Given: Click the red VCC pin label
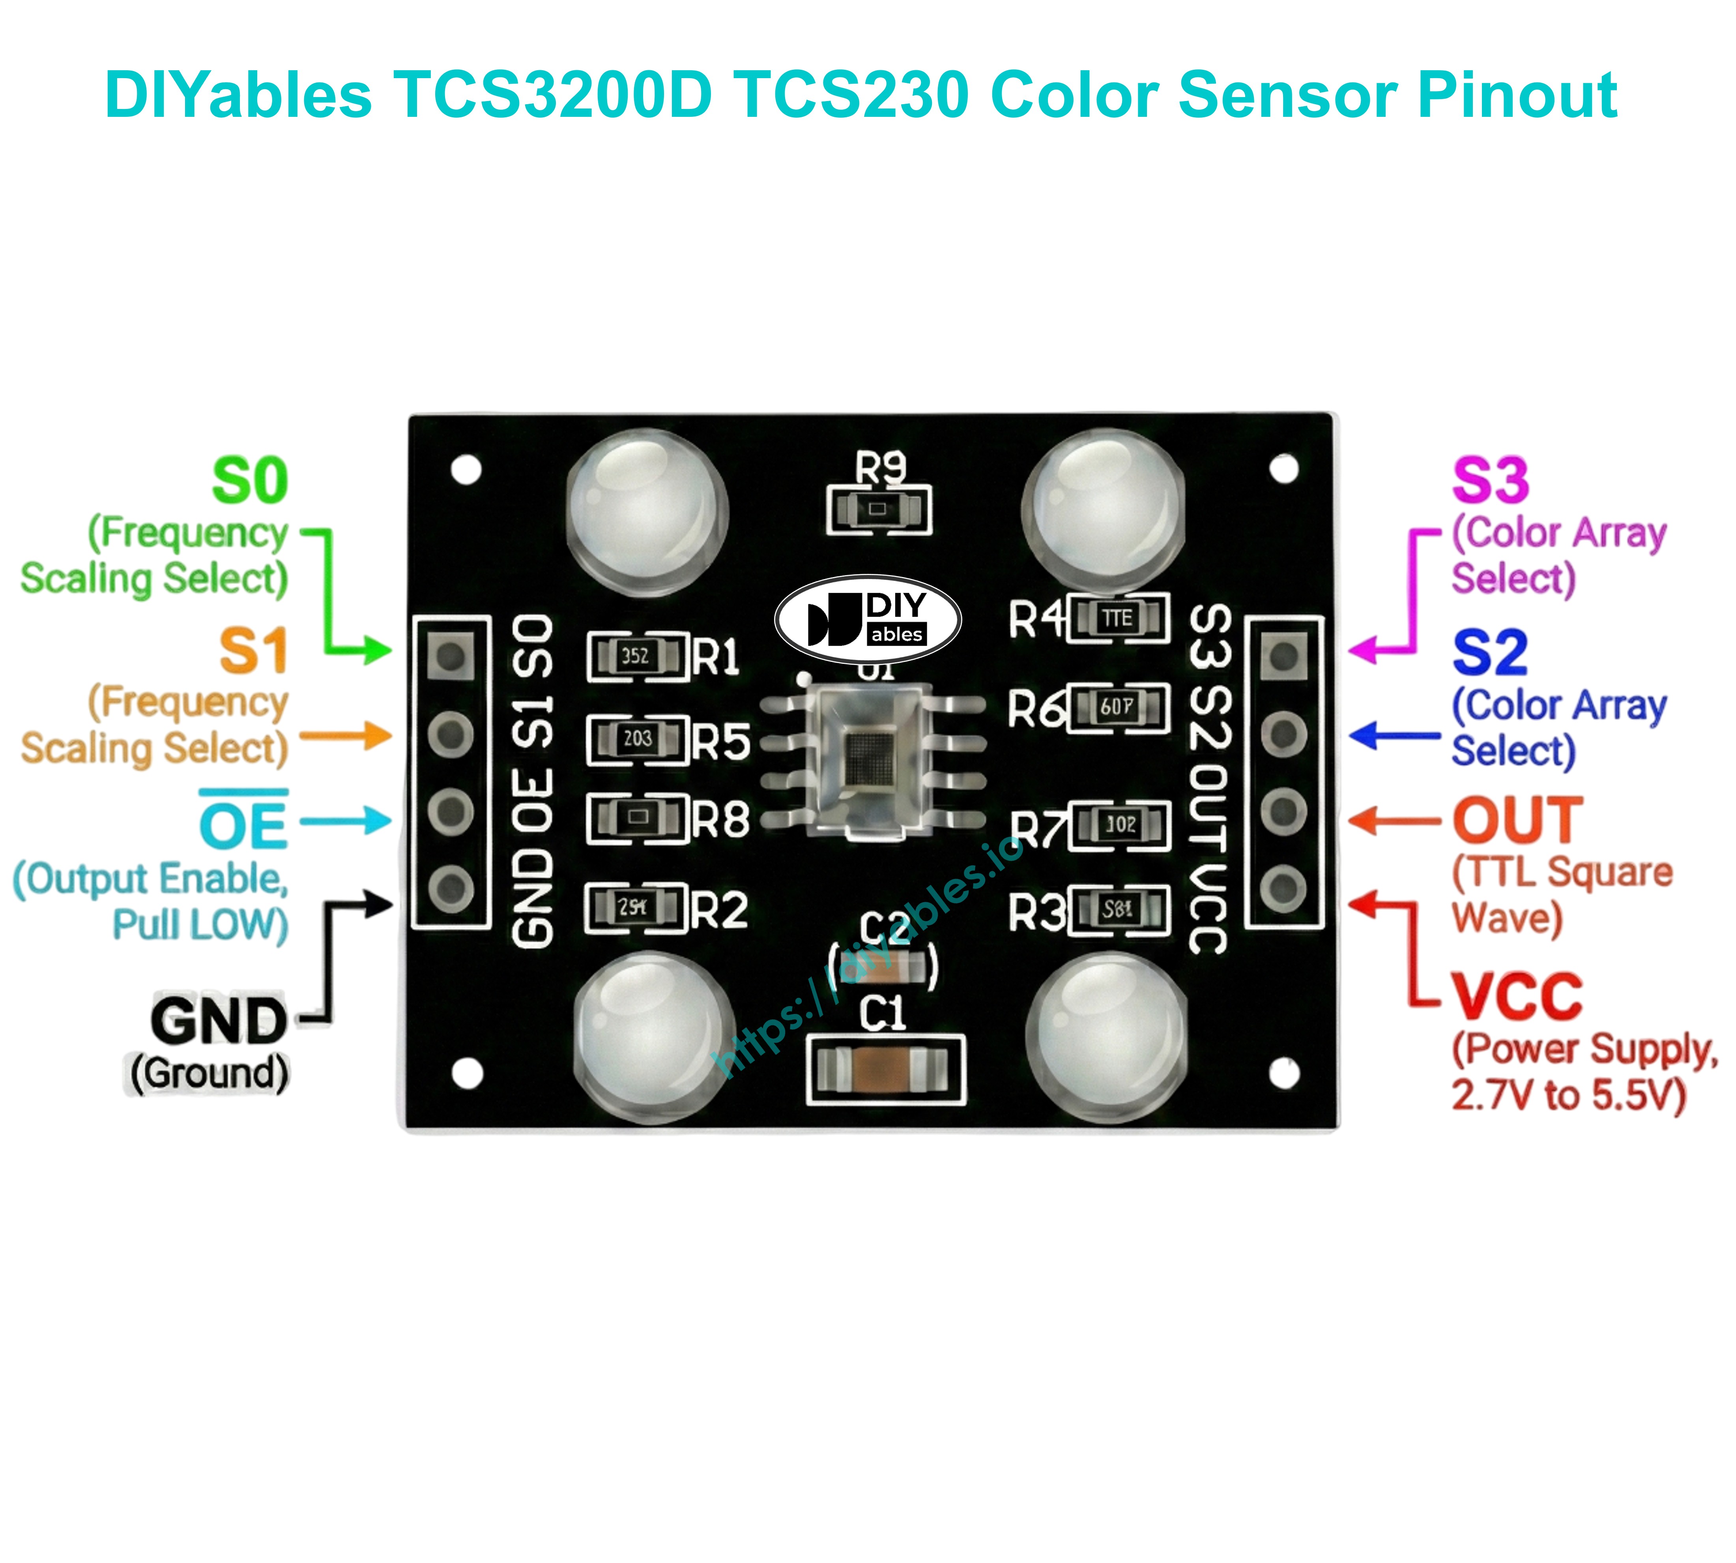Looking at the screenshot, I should point(1516,996).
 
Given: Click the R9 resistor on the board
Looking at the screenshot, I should point(877,509).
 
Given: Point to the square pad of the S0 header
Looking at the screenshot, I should point(451,656).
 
